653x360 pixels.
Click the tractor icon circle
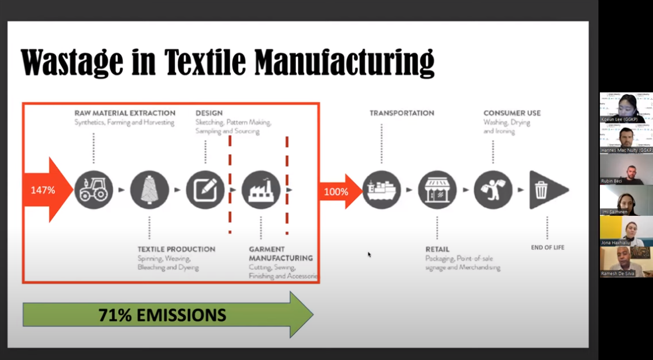click(93, 190)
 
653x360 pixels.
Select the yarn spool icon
click(149, 190)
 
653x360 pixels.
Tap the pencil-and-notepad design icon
click(205, 190)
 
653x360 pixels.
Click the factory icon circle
click(261, 190)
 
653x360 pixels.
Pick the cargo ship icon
click(381, 190)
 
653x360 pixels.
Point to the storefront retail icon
click(437, 190)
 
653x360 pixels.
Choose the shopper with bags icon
click(493, 190)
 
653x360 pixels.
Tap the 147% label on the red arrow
click(43, 190)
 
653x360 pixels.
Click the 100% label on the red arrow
click(336, 191)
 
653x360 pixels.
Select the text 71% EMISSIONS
click(162, 315)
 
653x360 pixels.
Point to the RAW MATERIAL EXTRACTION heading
click(125, 113)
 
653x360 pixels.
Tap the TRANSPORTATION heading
click(401, 113)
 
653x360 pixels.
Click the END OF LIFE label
click(547, 247)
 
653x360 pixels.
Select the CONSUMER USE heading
click(512, 113)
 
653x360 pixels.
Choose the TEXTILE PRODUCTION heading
click(176, 249)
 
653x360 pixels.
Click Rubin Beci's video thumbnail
click(626, 170)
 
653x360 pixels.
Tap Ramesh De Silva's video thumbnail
click(626, 261)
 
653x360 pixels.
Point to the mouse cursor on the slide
click(369, 254)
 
